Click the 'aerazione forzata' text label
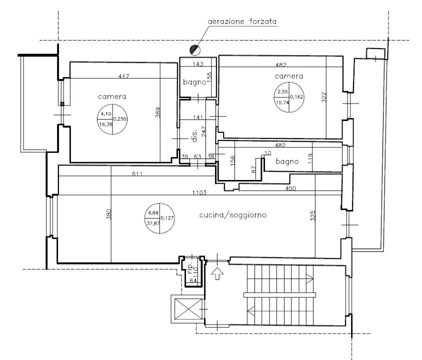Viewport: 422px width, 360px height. click(x=242, y=22)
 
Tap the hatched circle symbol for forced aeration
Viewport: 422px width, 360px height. click(x=193, y=49)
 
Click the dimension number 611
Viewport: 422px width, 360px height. click(x=138, y=174)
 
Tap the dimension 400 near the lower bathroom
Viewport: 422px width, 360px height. click(x=290, y=188)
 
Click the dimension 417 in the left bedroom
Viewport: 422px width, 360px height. click(x=124, y=76)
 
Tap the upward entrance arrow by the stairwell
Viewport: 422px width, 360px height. click(x=217, y=273)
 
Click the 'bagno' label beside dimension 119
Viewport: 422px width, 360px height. click(x=287, y=161)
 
